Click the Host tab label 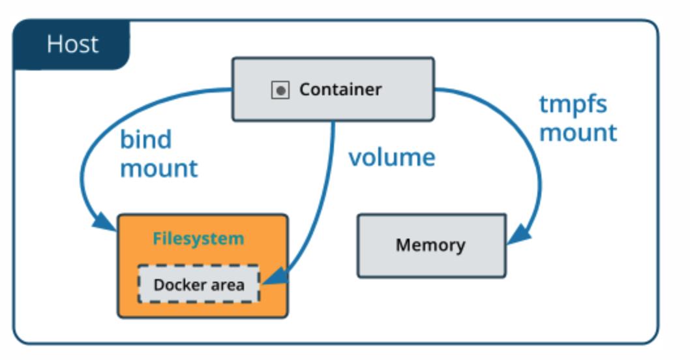point(72,44)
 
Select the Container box point(333,89)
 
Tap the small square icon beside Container point(280,90)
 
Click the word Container point(340,89)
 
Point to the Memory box point(431,245)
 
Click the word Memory point(431,246)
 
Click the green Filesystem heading point(198,239)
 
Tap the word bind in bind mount point(145,139)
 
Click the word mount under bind point(158,168)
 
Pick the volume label point(391,157)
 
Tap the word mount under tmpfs point(578,132)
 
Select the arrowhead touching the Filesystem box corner point(108,222)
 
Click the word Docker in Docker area point(175,284)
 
